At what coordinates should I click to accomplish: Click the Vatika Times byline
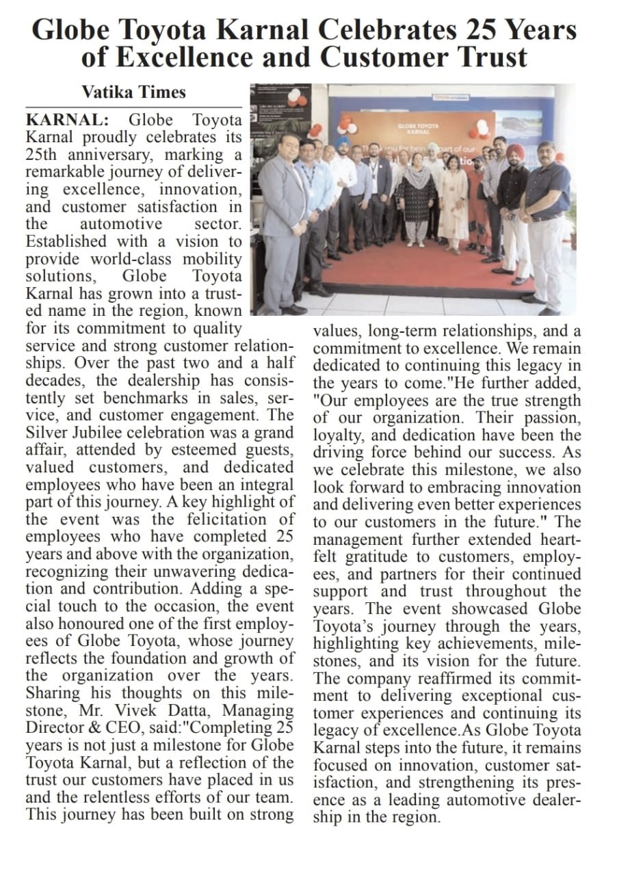[133, 92]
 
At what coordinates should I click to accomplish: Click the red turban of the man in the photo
[515, 151]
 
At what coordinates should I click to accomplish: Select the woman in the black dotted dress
[415, 198]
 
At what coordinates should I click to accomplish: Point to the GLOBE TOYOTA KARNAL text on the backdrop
[419, 128]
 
